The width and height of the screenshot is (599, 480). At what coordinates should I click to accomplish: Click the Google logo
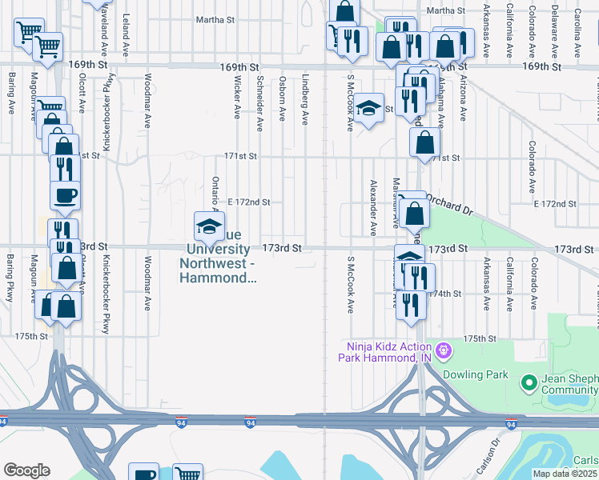[26, 470]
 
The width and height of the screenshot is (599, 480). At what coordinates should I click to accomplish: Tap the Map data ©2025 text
[565, 474]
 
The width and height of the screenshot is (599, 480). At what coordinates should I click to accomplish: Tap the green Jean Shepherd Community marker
[528, 383]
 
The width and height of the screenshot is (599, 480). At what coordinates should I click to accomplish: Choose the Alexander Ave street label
[372, 206]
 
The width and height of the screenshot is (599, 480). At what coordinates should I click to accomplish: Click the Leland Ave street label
[125, 29]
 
